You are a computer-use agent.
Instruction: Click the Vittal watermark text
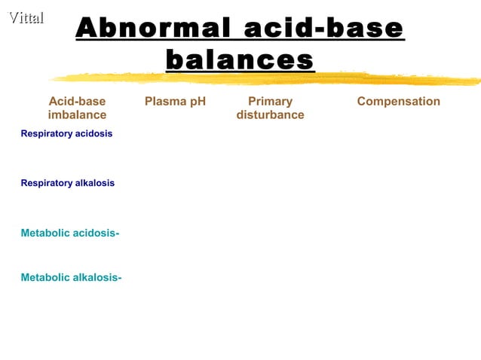pos(26,18)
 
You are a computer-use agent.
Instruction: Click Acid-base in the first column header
pos(77,102)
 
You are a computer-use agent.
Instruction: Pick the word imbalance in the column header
pos(77,115)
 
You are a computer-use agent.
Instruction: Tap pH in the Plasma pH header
pos(198,102)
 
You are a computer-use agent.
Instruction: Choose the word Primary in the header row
pos(270,102)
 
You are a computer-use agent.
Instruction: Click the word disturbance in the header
pos(270,115)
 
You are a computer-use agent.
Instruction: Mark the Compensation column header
pos(398,102)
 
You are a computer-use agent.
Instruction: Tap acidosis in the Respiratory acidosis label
pos(93,133)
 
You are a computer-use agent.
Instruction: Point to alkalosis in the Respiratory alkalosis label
pos(94,183)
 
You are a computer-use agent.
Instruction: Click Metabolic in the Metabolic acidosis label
pos(44,233)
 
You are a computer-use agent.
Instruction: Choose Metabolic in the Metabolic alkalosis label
pos(44,278)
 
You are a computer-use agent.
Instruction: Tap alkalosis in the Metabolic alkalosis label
pos(97,278)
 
